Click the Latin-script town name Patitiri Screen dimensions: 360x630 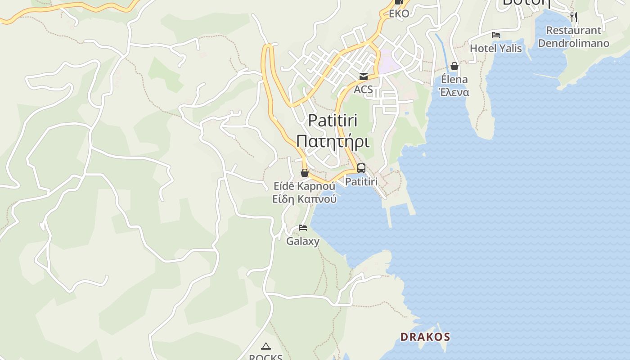tap(333, 121)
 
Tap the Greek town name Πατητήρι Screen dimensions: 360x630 tap(333, 141)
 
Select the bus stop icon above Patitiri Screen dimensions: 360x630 tap(361, 168)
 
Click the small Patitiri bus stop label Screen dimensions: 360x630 tap(361, 182)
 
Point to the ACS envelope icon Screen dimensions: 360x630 tap(364, 76)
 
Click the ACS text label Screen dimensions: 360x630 tap(363, 89)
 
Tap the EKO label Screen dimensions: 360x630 tap(399, 13)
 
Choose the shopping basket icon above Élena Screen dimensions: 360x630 tap(454, 67)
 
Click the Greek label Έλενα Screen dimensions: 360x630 tap(454, 92)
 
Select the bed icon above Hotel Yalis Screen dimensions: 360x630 tap(496, 35)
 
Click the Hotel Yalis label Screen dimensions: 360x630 tap(496, 48)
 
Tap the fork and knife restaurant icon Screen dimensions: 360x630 tap(574, 17)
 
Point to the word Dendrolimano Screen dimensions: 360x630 tap(574, 43)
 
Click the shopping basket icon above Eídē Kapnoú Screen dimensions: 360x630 tap(305, 173)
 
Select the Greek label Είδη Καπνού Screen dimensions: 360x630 tap(305, 198)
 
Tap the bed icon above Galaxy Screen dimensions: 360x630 tap(303, 228)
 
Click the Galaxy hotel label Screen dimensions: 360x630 tap(303, 241)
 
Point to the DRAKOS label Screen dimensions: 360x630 tap(425, 337)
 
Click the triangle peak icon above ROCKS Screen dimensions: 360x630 tap(266, 346)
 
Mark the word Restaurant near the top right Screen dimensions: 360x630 tap(574, 31)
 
